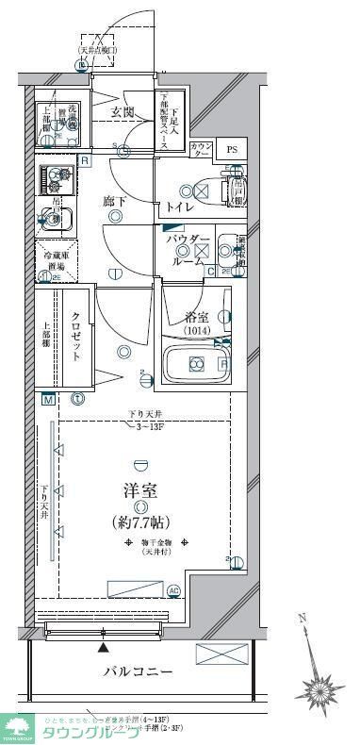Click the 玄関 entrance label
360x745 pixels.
click(x=123, y=112)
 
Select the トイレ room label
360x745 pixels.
click(x=181, y=207)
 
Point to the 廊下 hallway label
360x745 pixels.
click(x=114, y=201)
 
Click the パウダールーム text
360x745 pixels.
click(x=188, y=252)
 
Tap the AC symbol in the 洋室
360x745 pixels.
click(x=173, y=591)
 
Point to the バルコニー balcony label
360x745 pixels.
click(x=138, y=671)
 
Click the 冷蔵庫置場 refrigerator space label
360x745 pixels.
click(x=52, y=261)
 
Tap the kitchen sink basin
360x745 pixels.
click(x=53, y=221)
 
